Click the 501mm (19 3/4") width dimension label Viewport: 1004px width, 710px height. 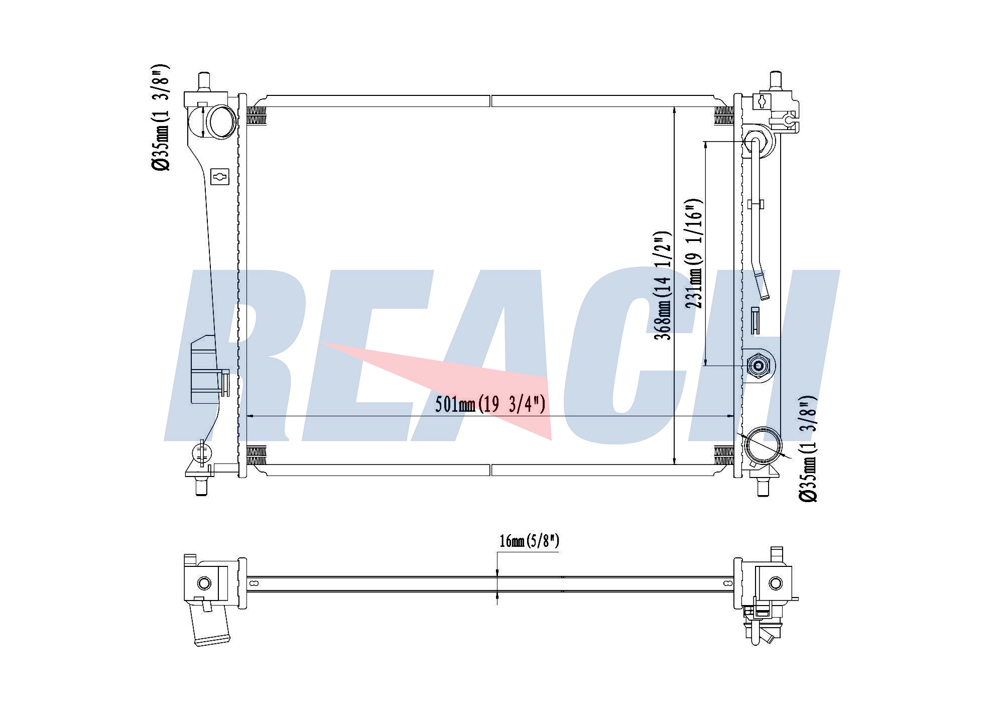click(x=490, y=404)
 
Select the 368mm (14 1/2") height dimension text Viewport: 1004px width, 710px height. click(x=663, y=285)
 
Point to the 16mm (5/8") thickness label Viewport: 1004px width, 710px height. click(x=529, y=541)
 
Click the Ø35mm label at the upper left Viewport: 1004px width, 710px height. click(x=162, y=117)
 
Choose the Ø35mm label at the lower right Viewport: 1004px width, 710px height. click(x=808, y=448)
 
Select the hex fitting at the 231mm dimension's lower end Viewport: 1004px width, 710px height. click(x=757, y=366)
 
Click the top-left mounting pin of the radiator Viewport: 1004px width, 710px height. click(x=204, y=82)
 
